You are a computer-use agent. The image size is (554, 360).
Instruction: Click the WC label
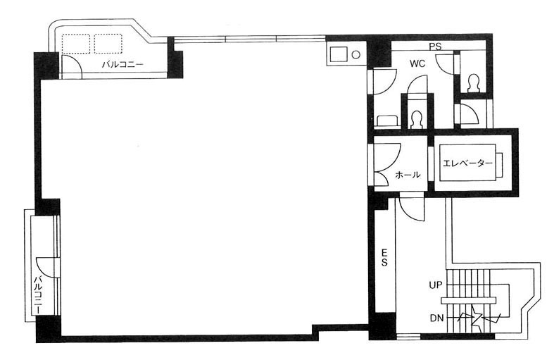(x=417, y=63)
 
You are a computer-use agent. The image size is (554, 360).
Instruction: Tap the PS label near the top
(x=436, y=46)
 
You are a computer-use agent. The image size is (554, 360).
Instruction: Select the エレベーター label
(x=467, y=163)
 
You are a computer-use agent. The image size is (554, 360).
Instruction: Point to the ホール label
(x=408, y=175)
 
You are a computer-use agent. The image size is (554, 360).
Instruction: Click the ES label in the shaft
(x=384, y=257)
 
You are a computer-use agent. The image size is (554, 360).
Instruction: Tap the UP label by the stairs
(x=436, y=285)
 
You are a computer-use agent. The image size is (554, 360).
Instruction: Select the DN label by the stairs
(x=436, y=318)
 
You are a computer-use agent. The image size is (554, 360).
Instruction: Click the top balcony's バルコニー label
(x=122, y=65)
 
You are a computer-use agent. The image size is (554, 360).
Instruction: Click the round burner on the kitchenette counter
(x=356, y=55)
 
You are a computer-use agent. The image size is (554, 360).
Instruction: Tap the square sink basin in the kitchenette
(x=339, y=55)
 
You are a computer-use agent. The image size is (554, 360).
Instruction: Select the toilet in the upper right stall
(x=473, y=84)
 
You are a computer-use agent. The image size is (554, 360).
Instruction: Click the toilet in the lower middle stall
(x=417, y=120)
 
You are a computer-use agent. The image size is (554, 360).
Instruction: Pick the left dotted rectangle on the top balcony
(x=76, y=44)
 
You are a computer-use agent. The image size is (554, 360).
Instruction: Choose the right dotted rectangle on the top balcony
(x=108, y=44)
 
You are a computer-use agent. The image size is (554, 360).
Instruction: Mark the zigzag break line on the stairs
(x=479, y=318)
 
